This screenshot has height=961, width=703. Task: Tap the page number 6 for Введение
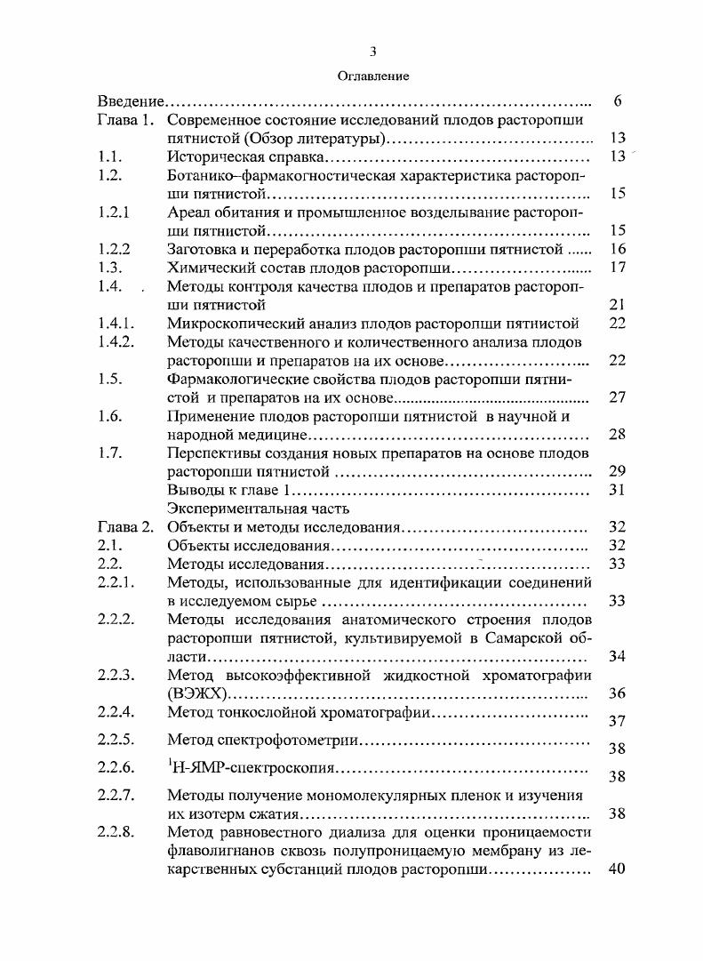tap(617, 101)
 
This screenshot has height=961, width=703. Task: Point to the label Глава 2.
tap(126, 527)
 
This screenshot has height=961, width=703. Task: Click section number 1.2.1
tap(115, 212)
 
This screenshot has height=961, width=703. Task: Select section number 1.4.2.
tap(116, 342)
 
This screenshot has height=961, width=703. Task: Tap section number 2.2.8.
tap(116, 832)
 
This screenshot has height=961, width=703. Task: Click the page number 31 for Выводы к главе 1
tap(619, 490)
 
